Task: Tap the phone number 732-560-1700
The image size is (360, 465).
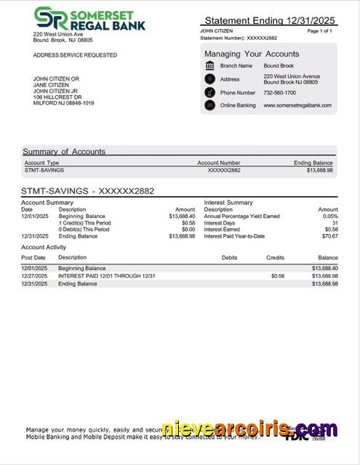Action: pos(279,93)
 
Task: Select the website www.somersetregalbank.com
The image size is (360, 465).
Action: pos(297,105)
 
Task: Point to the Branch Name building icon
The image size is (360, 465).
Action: pos(209,66)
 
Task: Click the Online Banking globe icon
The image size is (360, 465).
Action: pos(209,105)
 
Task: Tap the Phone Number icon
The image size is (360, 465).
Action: pos(209,93)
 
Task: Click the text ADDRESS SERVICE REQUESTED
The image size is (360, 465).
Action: pos(75,55)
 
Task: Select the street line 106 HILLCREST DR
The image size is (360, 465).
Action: pos(57,97)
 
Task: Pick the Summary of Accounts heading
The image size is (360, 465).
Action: pos(64,152)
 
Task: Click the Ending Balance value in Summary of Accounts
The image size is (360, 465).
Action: pos(319,170)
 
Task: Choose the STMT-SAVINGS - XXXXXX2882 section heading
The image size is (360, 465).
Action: pos(87,191)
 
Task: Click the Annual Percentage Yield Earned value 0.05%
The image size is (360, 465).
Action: pos(330,217)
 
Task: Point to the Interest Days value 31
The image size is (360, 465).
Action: pos(335,223)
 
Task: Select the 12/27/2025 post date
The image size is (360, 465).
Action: pos(33,276)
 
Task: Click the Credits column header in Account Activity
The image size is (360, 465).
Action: pos(275,258)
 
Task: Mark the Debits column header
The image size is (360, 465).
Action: pos(229,258)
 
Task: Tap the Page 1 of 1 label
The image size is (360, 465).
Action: pos(320,31)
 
